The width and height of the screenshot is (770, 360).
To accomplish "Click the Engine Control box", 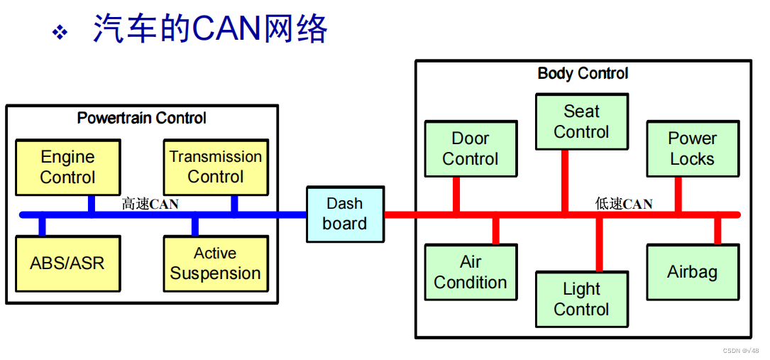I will pyautogui.click(x=67, y=167).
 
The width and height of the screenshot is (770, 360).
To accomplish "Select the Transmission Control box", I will pyautogui.click(x=216, y=167).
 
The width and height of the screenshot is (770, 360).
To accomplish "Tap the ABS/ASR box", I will pyautogui.click(x=67, y=263).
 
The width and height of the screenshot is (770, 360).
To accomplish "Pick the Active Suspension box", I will pyautogui.click(x=216, y=263).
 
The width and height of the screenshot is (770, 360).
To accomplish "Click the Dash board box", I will pyautogui.click(x=345, y=214).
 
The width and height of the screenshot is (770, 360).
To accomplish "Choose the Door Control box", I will pyautogui.click(x=470, y=148).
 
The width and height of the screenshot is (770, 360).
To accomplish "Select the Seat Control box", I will pyautogui.click(x=581, y=121).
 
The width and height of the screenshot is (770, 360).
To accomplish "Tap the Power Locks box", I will pyautogui.click(x=692, y=148).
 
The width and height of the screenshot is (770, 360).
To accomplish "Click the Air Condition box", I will pyautogui.click(x=470, y=272).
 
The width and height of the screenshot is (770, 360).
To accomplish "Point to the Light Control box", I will pyautogui.click(x=581, y=299).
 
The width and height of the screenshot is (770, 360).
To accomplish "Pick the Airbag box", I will pyautogui.click(x=692, y=272).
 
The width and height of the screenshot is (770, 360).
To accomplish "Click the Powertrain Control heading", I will pyautogui.click(x=142, y=118).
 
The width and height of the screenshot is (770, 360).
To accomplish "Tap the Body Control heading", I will pyautogui.click(x=583, y=73).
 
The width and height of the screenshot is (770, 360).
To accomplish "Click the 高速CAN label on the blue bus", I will pyautogui.click(x=150, y=204).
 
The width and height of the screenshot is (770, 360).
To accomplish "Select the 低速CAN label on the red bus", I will pyautogui.click(x=624, y=204).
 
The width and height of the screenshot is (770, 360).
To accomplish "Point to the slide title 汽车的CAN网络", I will pyautogui.click(x=210, y=30).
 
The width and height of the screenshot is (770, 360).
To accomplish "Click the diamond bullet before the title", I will pyautogui.click(x=60, y=33).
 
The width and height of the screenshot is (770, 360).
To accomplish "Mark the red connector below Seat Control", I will pyautogui.click(x=565, y=180).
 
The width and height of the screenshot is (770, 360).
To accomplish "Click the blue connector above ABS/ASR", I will pyautogui.click(x=43, y=226).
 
